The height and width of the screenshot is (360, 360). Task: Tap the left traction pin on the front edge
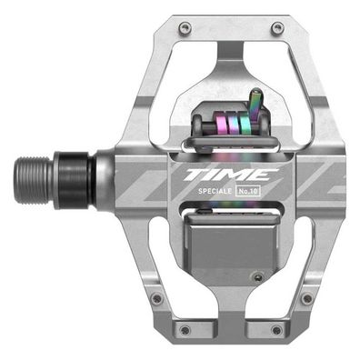point(185,28)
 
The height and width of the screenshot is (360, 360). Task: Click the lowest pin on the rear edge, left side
point(185,329)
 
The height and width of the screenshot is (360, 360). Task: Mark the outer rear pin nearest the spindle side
point(157,297)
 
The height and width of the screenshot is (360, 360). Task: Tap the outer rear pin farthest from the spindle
point(306,297)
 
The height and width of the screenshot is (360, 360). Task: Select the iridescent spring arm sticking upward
point(257,102)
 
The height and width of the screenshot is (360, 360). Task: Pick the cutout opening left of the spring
point(179,118)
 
